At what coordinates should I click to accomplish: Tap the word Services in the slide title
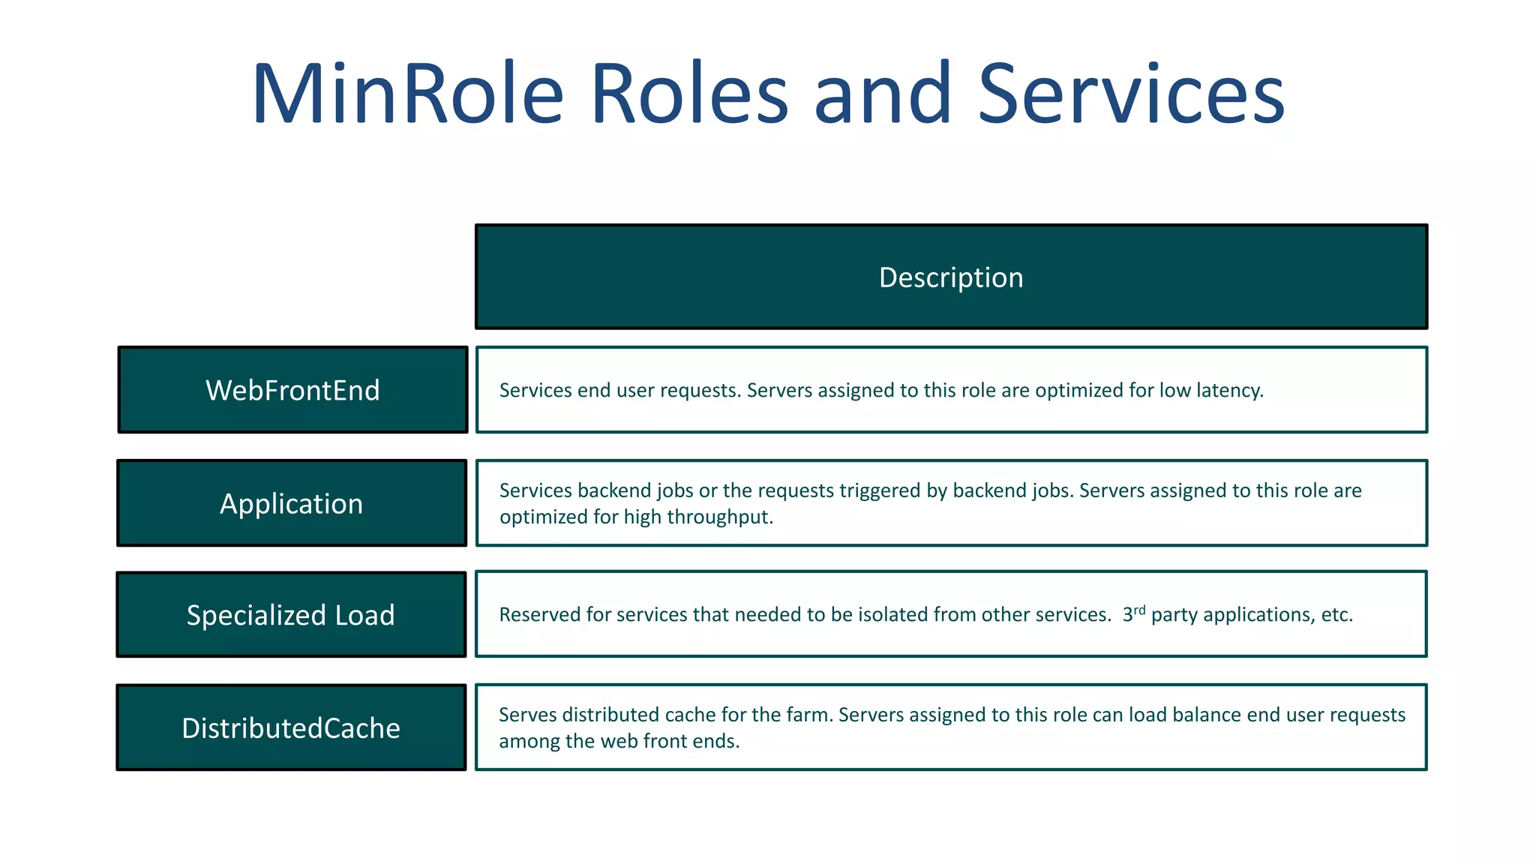pos(1131,94)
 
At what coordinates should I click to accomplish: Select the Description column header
pos(951,277)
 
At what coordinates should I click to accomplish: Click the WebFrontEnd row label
pos(292,391)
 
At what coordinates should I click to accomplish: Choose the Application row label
pos(291,504)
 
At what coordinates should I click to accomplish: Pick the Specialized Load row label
pos(290,616)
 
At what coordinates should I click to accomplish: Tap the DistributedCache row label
pos(291,728)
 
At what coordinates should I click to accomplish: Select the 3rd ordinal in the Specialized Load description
pos(1134,613)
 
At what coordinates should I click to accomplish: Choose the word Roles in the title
pos(689,94)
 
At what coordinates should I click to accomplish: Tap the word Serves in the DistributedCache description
pos(527,715)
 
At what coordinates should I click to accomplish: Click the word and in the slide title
pos(883,94)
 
